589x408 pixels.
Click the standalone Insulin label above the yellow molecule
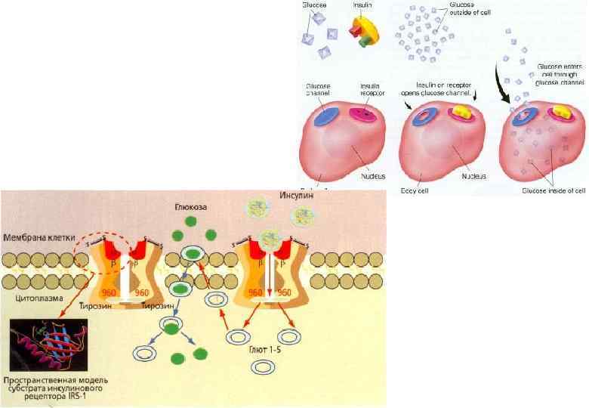(x=362, y=5)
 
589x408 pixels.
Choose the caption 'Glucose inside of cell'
(x=553, y=190)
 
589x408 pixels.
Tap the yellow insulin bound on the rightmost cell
(x=560, y=112)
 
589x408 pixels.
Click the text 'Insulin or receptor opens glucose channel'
(x=438, y=87)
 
